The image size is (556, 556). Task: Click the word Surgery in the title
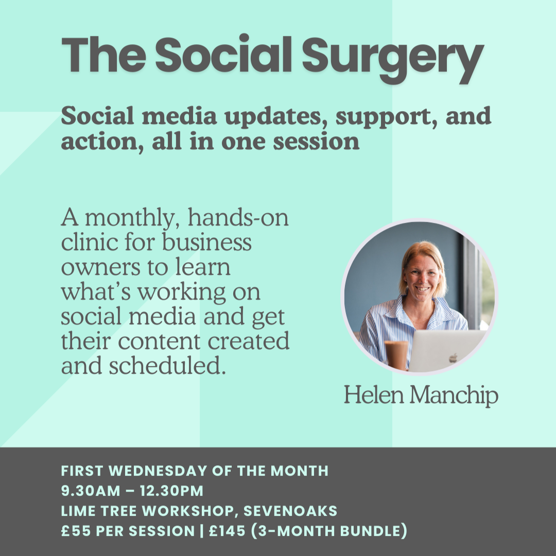[x=392, y=58]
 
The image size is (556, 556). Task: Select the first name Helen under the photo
[x=368, y=395]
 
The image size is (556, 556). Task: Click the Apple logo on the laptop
[x=453, y=357]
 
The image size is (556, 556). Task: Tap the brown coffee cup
[x=396, y=355]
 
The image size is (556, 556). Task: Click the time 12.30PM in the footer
[x=176, y=491]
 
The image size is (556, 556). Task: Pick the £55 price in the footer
[x=74, y=531]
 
